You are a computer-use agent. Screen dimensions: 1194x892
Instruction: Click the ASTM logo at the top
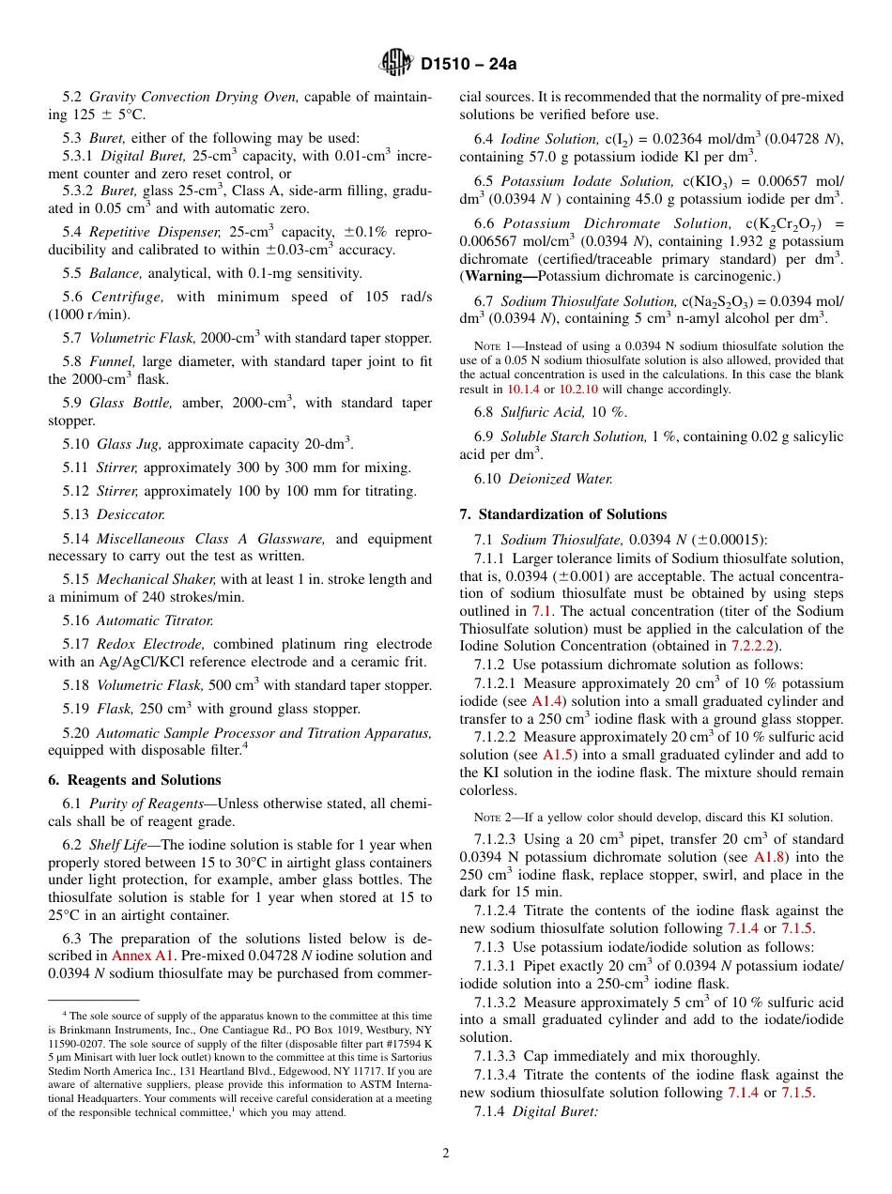tap(395, 63)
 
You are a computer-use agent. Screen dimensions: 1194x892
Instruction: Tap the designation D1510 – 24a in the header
tap(469, 65)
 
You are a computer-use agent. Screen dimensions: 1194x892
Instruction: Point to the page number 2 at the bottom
tap(446, 1154)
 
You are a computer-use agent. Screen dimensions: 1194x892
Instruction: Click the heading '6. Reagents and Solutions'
tap(134, 780)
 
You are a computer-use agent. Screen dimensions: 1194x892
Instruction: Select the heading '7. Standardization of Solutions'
tap(562, 514)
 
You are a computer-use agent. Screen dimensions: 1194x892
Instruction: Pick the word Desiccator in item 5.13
tap(131, 514)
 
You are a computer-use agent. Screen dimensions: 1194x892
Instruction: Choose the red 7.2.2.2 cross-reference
tap(755, 646)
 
